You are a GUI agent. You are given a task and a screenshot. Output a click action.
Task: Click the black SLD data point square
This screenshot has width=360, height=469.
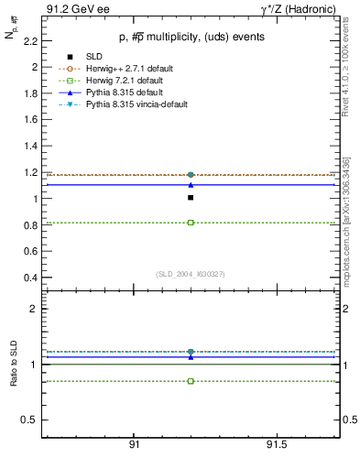[x=191, y=197]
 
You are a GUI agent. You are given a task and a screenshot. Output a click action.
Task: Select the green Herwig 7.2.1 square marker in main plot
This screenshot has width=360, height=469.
[x=191, y=223]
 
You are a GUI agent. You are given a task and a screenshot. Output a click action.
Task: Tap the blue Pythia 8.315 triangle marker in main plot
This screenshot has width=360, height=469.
[x=191, y=185]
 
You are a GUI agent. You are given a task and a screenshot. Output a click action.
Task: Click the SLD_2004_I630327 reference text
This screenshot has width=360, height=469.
[x=190, y=274]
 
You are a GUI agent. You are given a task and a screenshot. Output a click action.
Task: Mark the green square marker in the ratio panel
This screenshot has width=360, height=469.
[x=191, y=381]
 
